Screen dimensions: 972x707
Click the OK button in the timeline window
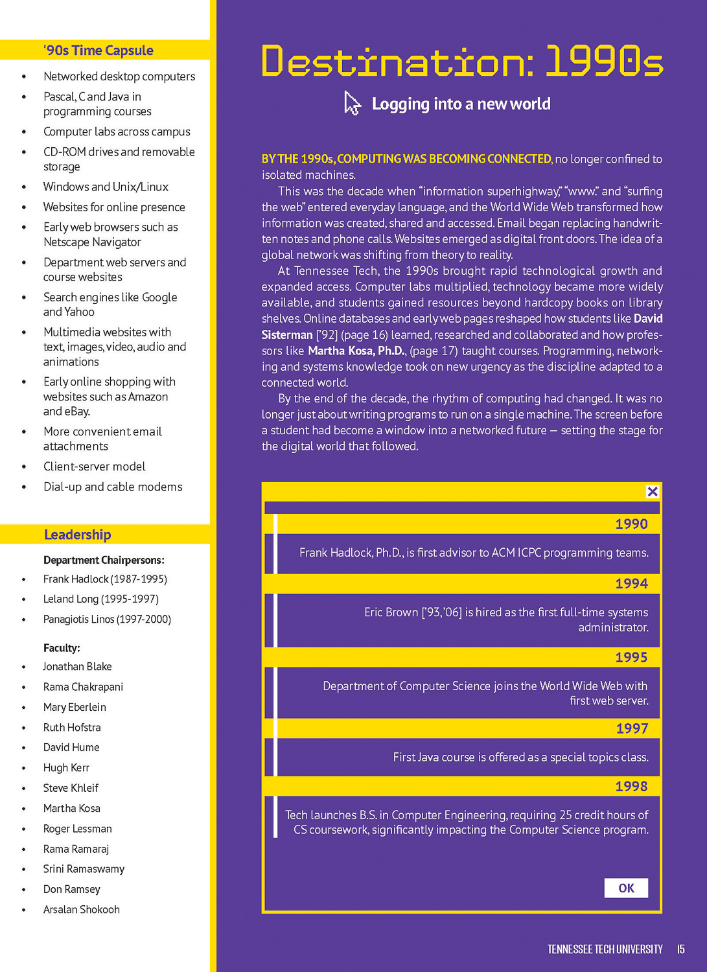click(626, 888)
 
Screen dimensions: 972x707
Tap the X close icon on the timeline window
click(653, 492)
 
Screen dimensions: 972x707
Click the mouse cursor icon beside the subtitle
click(352, 104)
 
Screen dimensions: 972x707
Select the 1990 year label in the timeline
click(631, 524)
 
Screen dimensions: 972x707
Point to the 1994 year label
click(631, 583)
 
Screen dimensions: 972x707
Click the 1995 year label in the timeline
click(631, 657)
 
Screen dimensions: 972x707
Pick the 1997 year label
click(632, 728)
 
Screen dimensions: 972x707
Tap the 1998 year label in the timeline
click(631, 786)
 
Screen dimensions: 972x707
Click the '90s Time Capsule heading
click(99, 51)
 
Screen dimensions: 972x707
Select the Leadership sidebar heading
click(78, 535)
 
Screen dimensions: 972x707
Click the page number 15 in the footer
click(680, 949)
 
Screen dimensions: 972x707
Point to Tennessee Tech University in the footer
click(605, 949)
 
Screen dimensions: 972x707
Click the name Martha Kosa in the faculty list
click(72, 808)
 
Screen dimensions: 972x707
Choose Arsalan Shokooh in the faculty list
click(82, 909)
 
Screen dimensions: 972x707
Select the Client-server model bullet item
click(95, 467)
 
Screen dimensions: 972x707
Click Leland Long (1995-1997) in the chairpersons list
click(101, 599)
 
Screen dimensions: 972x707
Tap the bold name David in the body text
click(648, 319)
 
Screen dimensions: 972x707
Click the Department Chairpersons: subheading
click(104, 560)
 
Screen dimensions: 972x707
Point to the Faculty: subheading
click(62, 648)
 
